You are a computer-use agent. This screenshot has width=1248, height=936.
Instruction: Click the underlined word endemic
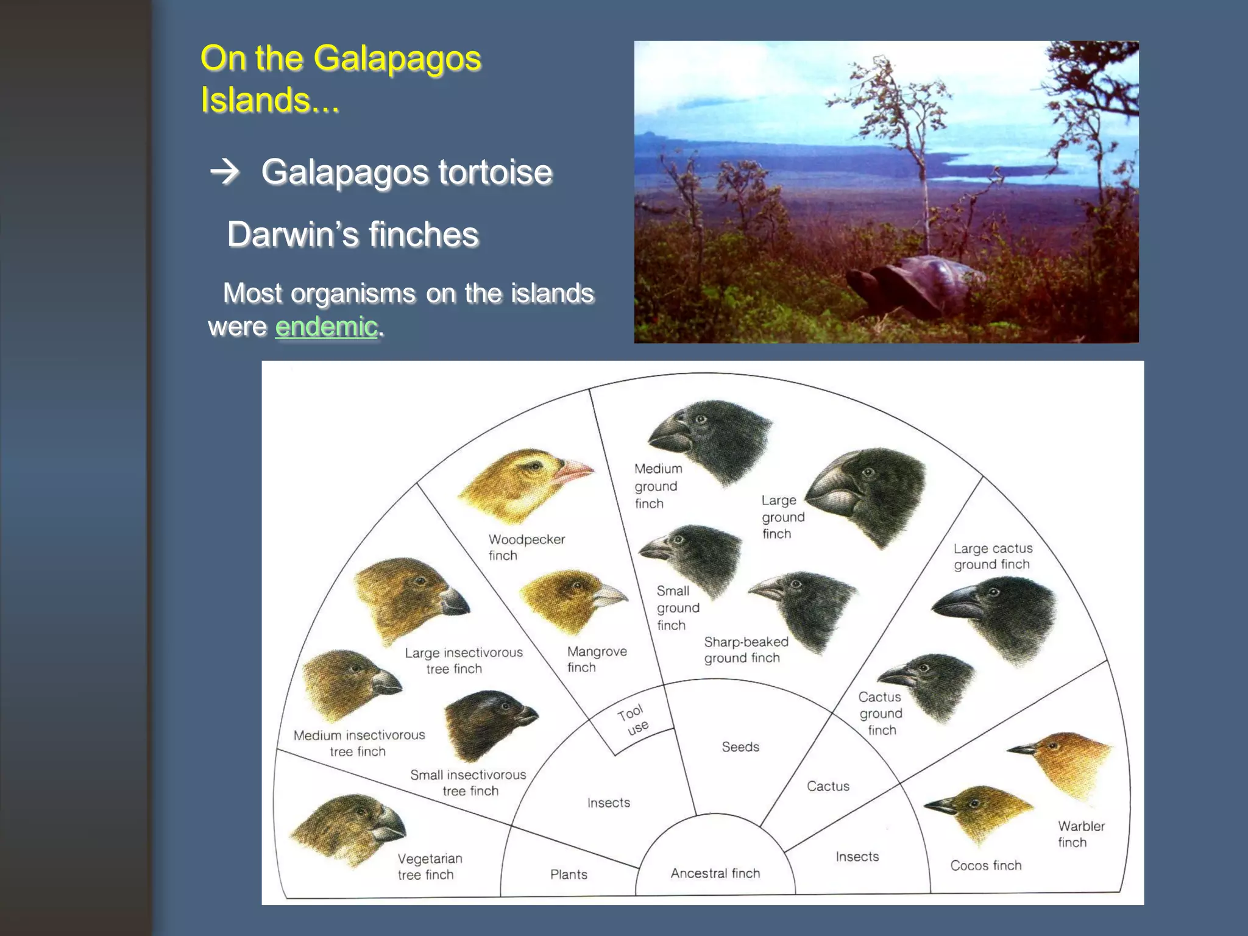(326, 327)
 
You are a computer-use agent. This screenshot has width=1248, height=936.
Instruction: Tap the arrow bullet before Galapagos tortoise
(225, 172)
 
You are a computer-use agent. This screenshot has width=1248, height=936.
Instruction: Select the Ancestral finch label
(715, 873)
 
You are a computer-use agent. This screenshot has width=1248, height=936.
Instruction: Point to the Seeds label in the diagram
(740, 746)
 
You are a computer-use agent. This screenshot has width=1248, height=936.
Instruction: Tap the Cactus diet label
(828, 786)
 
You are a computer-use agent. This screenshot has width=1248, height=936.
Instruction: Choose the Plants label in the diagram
(569, 874)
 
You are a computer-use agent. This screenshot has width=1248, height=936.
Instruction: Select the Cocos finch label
(985, 865)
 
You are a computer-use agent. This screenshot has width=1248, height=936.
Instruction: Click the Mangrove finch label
(596, 659)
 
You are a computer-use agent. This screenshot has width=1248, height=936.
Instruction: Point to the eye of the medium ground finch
(701, 419)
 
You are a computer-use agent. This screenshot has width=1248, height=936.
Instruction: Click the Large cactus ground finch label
(992, 556)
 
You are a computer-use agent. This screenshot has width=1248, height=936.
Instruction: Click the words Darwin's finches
(353, 235)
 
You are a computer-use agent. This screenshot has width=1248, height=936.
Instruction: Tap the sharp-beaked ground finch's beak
(767, 588)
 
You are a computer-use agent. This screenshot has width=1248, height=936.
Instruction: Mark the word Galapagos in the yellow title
(397, 58)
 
